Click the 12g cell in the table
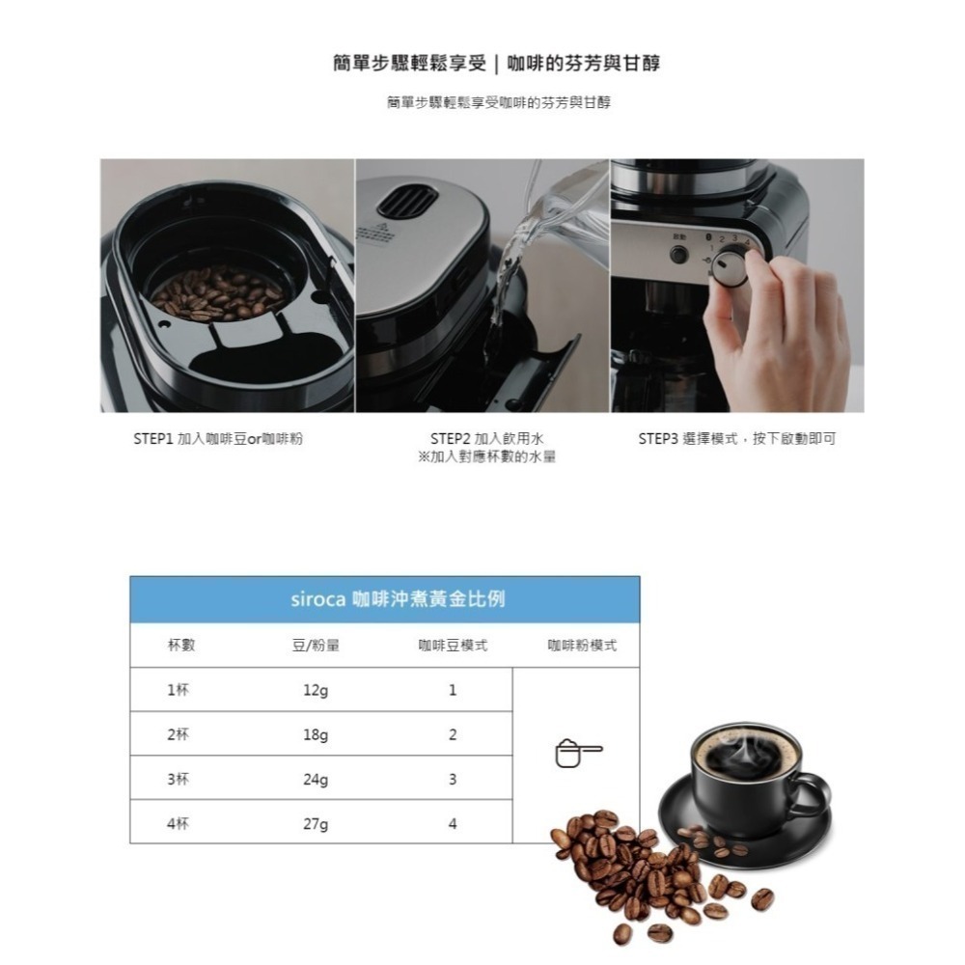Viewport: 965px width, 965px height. click(x=316, y=691)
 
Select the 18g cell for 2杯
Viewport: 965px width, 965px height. click(x=316, y=735)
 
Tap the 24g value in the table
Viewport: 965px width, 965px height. click(x=316, y=780)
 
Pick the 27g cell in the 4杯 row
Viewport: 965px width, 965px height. click(x=316, y=824)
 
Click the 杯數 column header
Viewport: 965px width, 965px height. click(x=180, y=646)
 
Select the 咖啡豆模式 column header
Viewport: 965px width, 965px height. click(x=453, y=646)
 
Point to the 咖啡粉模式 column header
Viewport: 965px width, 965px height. click(x=581, y=646)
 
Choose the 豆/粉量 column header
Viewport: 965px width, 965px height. click(x=316, y=646)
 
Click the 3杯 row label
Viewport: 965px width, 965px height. click(x=177, y=780)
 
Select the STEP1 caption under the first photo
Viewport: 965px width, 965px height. click(x=217, y=439)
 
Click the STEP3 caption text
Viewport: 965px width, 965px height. click(x=736, y=439)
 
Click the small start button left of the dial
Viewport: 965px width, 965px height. click(x=679, y=256)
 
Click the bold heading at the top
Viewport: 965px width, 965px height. click(x=496, y=65)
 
